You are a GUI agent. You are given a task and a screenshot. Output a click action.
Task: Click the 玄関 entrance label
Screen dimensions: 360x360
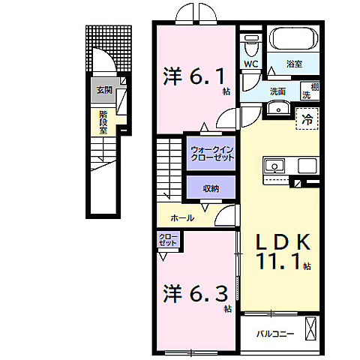[x=102, y=91]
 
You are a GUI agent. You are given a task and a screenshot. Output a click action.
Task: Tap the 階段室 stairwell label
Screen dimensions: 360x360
[x=103, y=120]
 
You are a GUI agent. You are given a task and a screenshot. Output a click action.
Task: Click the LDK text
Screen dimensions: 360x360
[x=283, y=242]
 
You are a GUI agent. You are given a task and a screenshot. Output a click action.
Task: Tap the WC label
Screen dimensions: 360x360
[x=250, y=64]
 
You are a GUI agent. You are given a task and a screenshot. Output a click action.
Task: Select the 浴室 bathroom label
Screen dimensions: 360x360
[x=295, y=64]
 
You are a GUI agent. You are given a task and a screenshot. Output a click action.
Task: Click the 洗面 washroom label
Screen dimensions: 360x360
[x=277, y=91]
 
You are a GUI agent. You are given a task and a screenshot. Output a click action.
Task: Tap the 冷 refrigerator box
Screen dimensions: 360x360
[x=307, y=118]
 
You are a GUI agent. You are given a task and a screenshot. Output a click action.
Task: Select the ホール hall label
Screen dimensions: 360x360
[x=183, y=218]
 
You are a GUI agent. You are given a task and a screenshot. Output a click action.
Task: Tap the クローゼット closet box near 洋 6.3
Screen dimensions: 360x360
[x=168, y=241]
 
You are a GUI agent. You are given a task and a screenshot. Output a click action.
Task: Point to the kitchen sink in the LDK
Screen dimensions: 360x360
[x=273, y=164]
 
